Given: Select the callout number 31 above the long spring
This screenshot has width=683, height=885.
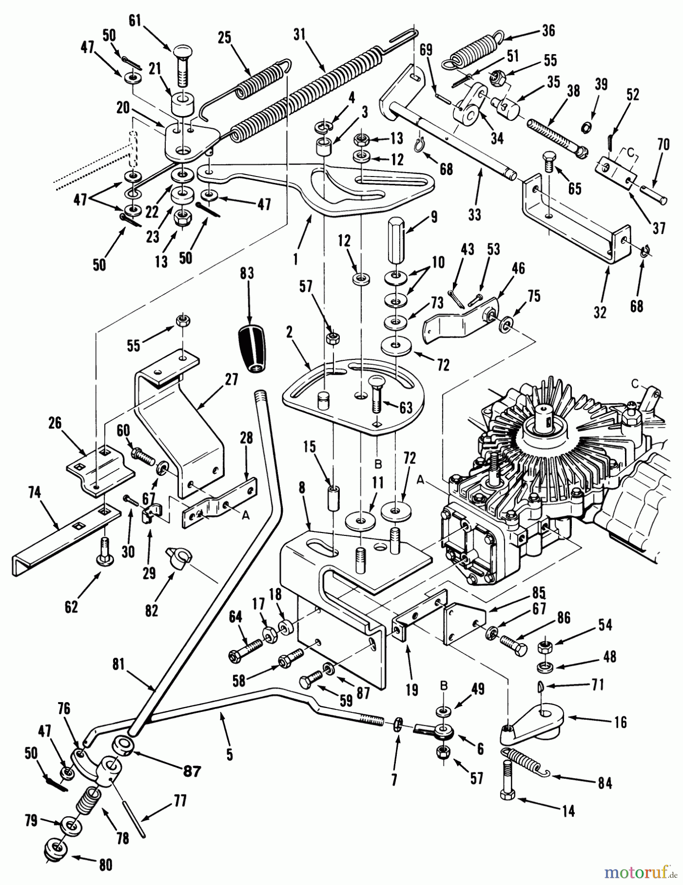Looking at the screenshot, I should point(299,34).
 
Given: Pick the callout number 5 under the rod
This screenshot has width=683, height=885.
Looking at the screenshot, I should point(230,754).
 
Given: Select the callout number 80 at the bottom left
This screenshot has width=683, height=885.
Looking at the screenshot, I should point(105,864).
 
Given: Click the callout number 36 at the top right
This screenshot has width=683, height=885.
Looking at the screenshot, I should point(548,30).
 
